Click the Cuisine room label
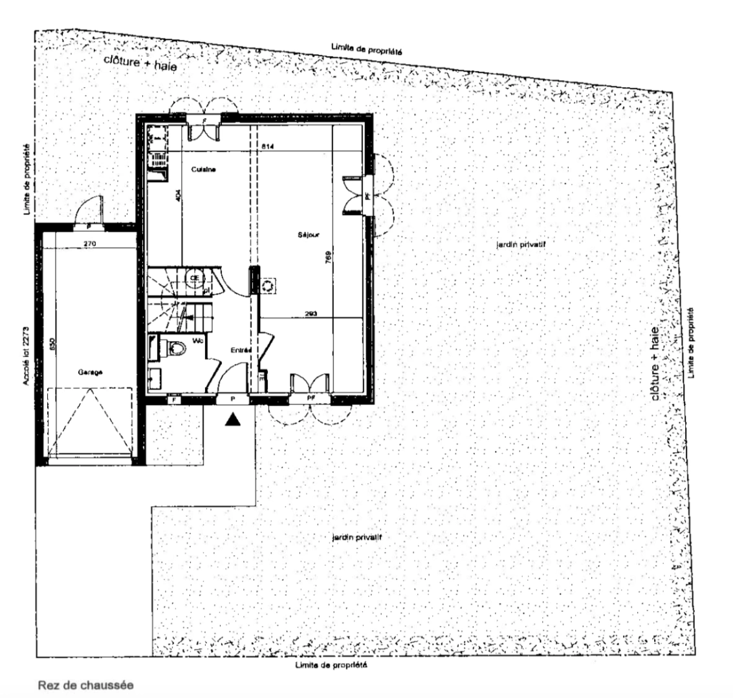[x=202, y=169]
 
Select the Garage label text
[x=91, y=372]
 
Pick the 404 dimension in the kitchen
[x=179, y=196]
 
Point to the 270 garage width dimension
[x=90, y=244]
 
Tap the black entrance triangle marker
[x=234, y=420]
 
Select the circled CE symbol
[x=193, y=279]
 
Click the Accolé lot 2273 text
[x=25, y=354]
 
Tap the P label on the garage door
[x=88, y=227]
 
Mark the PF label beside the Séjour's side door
[x=367, y=196]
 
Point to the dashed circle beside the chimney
[x=268, y=285]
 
